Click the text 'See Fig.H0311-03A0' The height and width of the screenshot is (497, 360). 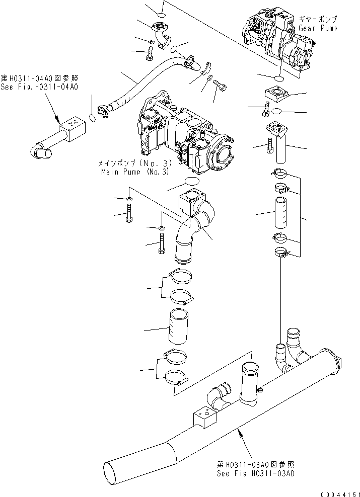(x=256, y=473)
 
